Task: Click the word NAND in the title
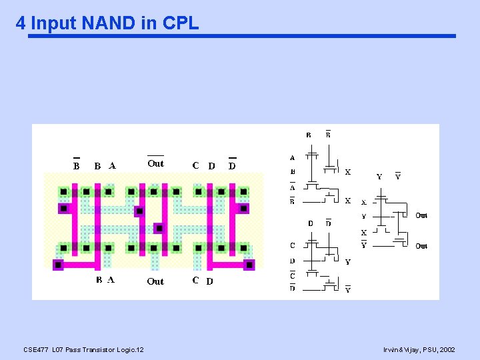[x=109, y=23]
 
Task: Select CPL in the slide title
[x=179, y=23]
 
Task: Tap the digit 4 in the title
[x=21, y=23]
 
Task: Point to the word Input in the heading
[x=54, y=23]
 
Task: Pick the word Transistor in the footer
[x=95, y=349]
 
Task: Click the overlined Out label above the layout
[x=155, y=163]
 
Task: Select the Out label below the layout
[x=155, y=281]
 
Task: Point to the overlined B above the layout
[x=76, y=165]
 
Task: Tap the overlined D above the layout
[x=232, y=165]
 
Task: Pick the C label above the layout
[x=195, y=165]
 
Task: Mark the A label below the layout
[x=111, y=280]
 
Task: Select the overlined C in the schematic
[x=293, y=275]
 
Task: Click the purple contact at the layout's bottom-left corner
[x=58, y=265]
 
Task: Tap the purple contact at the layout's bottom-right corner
[x=249, y=265]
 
